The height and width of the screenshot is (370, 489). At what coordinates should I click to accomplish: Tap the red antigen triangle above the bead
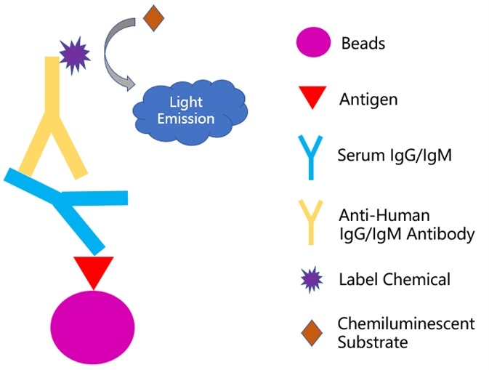tap(94, 270)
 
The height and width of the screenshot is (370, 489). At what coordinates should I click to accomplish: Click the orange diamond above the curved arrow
tap(153, 17)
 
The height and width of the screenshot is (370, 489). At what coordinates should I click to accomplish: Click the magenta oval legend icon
tap(313, 44)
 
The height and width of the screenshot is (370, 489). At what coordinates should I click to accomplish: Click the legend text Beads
tap(363, 44)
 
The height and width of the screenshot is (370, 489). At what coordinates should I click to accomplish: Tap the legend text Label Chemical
tap(395, 279)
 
